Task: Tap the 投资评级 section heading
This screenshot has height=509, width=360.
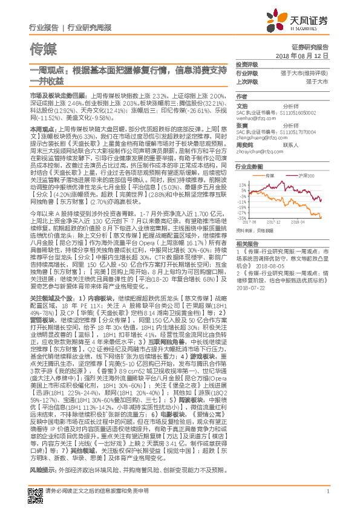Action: point(247,64)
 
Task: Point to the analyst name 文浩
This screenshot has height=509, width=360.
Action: point(241,105)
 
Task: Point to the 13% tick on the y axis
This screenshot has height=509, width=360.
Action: point(241,185)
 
